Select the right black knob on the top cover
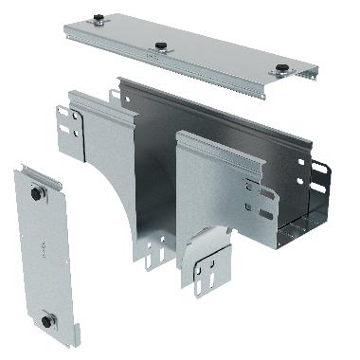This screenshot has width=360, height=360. click(281, 68)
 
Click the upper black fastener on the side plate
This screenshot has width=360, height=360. click(37, 193)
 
